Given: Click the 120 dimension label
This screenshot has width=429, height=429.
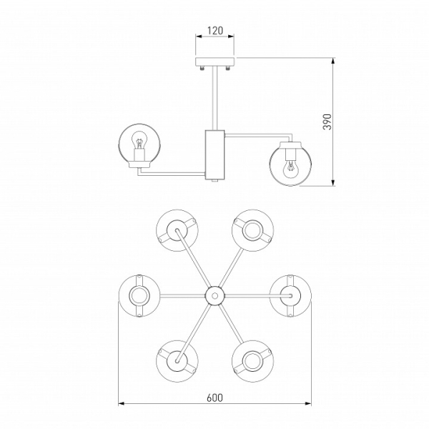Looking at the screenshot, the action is click(x=215, y=31).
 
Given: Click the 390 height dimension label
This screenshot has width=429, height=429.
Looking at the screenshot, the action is click(x=327, y=122).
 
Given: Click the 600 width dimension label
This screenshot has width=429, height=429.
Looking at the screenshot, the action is click(x=214, y=398).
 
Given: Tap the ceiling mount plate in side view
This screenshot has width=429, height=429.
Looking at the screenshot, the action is click(x=215, y=61).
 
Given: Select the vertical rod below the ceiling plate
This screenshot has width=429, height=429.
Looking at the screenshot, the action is click(x=215, y=99).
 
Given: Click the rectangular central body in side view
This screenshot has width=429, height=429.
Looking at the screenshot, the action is click(x=215, y=155).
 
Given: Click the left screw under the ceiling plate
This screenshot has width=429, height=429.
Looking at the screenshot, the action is click(x=202, y=68).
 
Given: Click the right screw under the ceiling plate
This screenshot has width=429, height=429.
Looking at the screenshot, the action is click(x=227, y=68).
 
